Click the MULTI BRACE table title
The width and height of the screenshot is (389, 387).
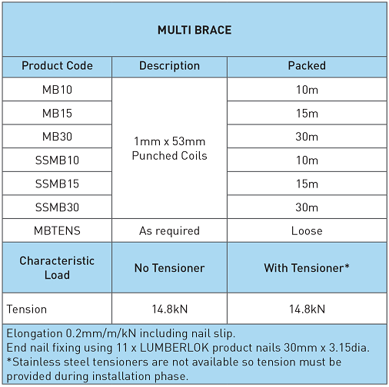point(194,31)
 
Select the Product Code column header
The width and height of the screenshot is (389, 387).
point(57,66)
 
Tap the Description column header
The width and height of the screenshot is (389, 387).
point(169,66)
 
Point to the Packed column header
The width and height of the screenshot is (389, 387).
point(307,66)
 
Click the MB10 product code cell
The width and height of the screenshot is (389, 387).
point(57,90)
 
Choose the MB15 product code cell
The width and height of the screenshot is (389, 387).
point(57,114)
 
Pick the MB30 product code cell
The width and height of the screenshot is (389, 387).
point(57,137)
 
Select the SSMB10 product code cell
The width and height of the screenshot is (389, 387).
point(57,160)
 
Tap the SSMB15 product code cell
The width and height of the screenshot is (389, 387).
point(57,184)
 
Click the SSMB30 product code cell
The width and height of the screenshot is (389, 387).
point(57,207)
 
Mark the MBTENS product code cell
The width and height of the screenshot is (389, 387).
point(57,231)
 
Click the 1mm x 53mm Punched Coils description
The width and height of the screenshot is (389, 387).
point(169,149)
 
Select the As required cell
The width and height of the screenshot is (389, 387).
point(169,231)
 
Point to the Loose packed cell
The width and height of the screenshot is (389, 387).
point(307,231)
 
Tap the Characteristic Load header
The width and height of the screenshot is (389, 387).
point(57,268)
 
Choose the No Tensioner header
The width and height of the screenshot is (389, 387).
point(169,268)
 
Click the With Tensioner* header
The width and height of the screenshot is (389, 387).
point(307,268)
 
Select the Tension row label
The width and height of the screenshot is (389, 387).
point(27,309)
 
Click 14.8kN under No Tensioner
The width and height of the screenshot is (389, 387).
point(169,309)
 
